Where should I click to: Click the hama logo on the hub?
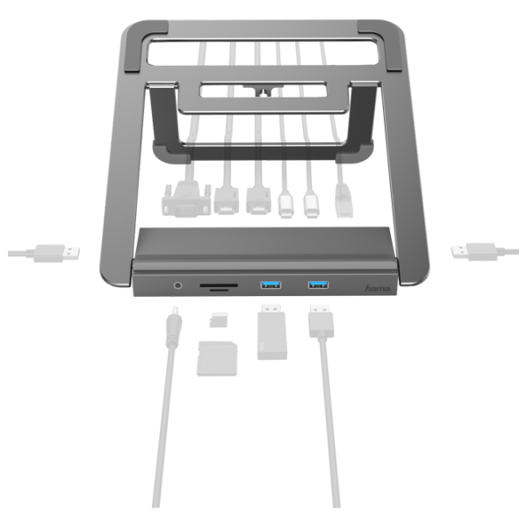(x=378, y=288)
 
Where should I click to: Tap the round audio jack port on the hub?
(x=177, y=285)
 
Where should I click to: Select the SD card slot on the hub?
(x=219, y=285)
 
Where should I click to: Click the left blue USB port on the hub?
(x=271, y=285)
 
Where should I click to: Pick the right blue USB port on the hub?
(x=319, y=285)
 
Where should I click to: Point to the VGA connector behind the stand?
(x=186, y=199)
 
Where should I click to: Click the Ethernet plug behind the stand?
(x=343, y=201)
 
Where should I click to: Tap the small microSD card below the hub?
(x=219, y=320)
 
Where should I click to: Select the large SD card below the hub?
(x=217, y=358)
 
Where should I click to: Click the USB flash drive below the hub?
(x=272, y=332)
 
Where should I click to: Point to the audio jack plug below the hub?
(x=174, y=327)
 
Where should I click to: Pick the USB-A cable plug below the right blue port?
(x=321, y=321)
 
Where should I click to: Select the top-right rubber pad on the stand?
(x=379, y=46)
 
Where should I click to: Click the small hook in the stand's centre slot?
(x=263, y=90)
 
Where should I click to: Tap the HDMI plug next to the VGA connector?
(x=227, y=200)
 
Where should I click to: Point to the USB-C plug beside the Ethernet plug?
(x=311, y=204)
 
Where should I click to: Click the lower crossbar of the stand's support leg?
(x=263, y=152)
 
